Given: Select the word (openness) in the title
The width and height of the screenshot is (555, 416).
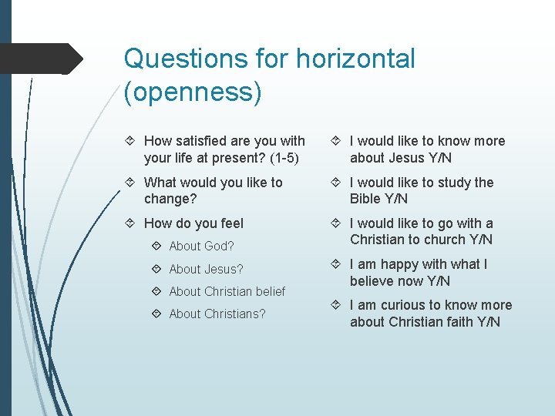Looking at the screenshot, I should [x=193, y=92].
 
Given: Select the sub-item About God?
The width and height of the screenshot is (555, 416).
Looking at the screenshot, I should [x=201, y=247].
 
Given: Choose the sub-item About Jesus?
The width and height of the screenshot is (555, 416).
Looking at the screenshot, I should [x=206, y=269].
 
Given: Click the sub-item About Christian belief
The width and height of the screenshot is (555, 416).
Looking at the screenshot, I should [x=227, y=291].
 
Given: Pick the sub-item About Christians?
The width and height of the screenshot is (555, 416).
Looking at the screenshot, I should [x=217, y=314].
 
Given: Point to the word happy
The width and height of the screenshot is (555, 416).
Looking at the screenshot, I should [x=396, y=264].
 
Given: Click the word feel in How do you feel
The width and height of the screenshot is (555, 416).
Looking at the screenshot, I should [x=229, y=223].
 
